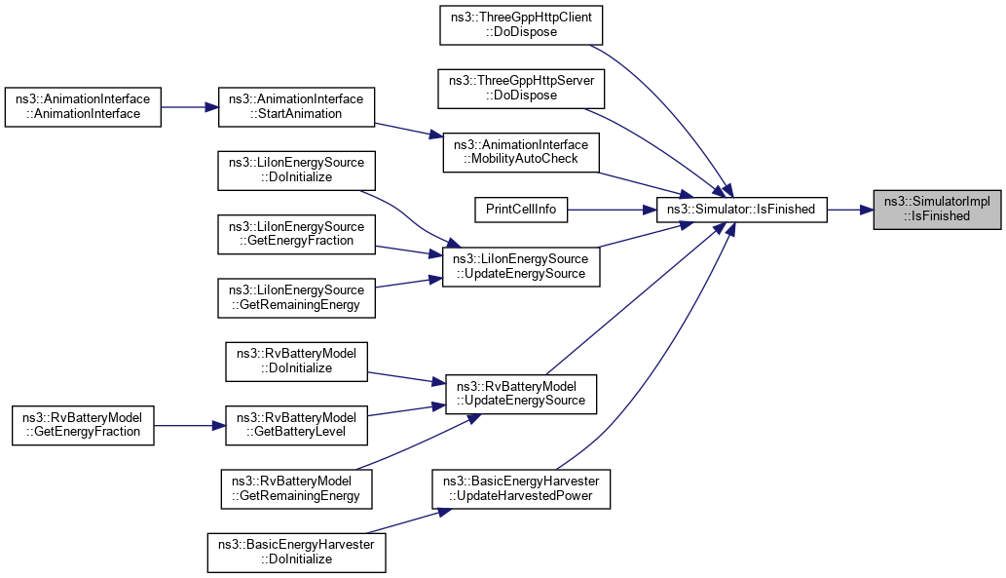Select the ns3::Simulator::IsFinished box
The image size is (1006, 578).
pos(742,209)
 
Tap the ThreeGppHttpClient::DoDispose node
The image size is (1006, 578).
pos(522,23)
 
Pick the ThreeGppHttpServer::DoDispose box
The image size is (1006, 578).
pos(523,88)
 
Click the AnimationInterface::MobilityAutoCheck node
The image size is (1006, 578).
pos(521,152)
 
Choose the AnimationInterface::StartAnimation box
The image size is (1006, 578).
pos(296,106)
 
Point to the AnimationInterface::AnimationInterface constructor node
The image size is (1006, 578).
pos(83,106)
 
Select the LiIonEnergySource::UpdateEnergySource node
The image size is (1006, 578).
pos(521,266)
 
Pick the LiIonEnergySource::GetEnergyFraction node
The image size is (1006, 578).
pos(296,233)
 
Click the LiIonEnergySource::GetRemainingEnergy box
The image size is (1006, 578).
pos(296,297)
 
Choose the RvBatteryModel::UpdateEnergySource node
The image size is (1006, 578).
pos(521,393)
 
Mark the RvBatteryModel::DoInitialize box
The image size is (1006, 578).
pos(296,361)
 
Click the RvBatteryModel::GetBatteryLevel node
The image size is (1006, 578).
pos(296,425)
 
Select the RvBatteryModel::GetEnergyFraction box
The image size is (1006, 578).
pos(83,425)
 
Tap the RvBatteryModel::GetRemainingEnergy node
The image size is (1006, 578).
pos(296,488)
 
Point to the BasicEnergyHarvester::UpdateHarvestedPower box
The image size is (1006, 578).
pos(521,488)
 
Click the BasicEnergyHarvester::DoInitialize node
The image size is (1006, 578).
pos(296,552)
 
